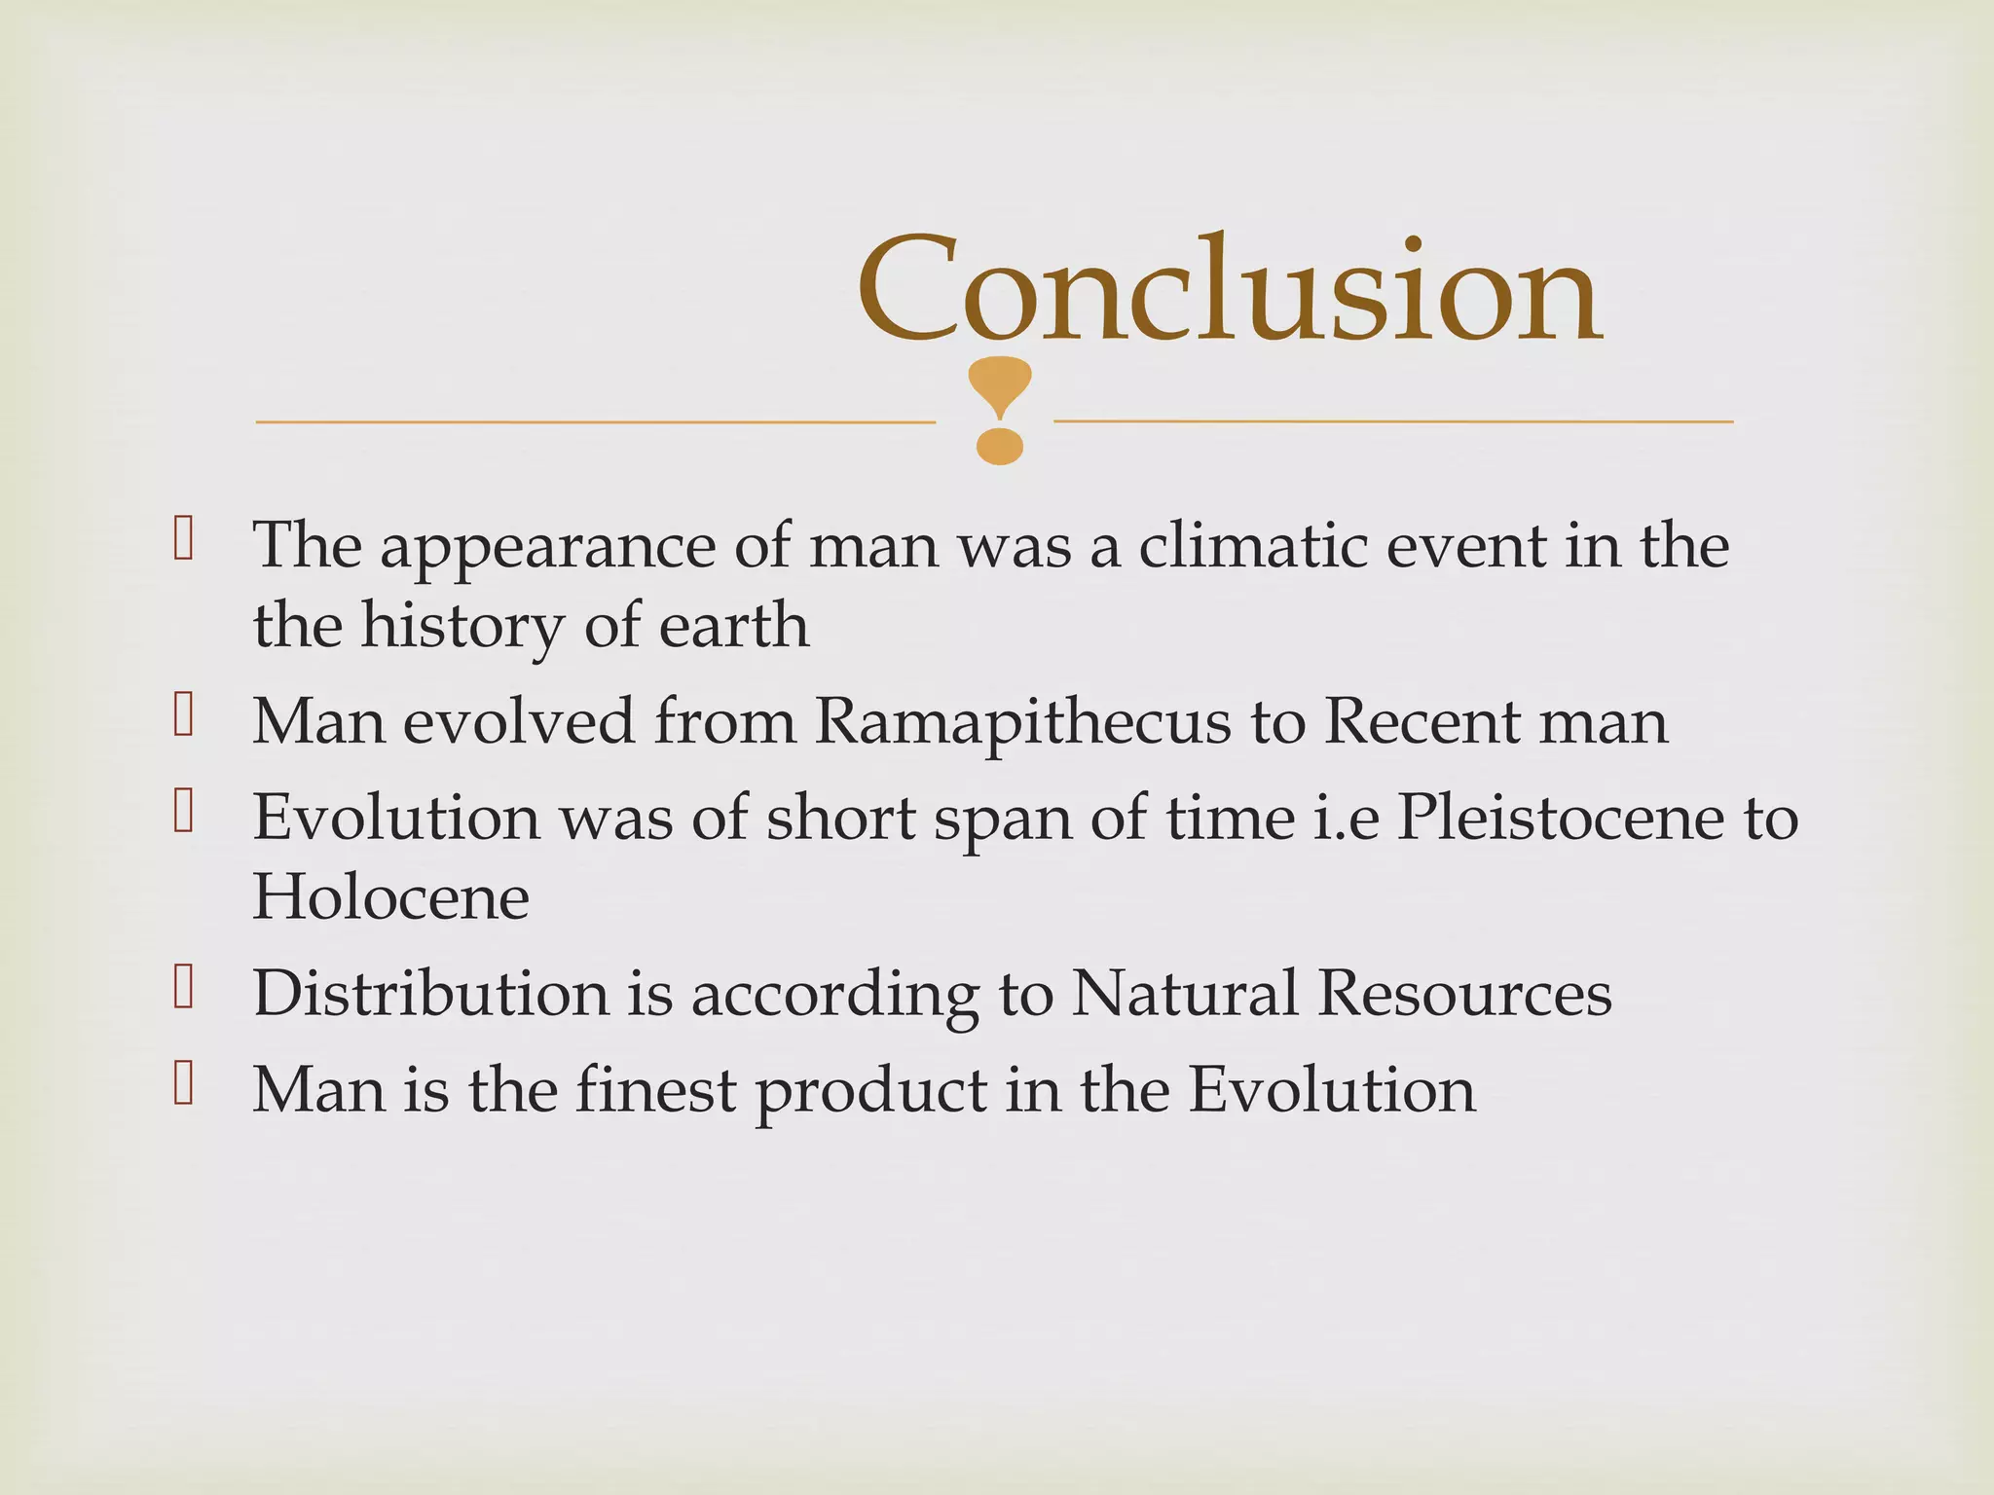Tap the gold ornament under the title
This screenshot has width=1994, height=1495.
(1000, 410)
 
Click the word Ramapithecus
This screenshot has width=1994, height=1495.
(1022, 722)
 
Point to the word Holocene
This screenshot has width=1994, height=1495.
(390, 896)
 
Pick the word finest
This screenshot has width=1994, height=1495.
(654, 1089)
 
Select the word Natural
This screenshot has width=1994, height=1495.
(1184, 994)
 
